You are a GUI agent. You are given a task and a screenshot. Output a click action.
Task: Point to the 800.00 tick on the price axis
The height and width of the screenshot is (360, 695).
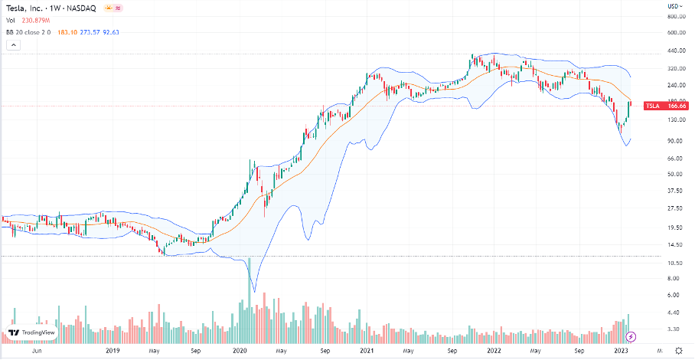pos(675,16)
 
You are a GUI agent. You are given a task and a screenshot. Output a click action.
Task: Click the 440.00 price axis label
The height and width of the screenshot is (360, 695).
pos(675,51)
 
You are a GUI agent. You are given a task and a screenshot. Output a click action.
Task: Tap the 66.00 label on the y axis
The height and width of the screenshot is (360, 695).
pos(674,159)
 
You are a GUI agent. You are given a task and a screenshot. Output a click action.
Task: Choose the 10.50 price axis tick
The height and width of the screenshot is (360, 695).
pos(674,263)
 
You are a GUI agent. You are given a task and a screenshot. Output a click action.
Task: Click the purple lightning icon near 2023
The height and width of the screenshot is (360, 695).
pos(631,335)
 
